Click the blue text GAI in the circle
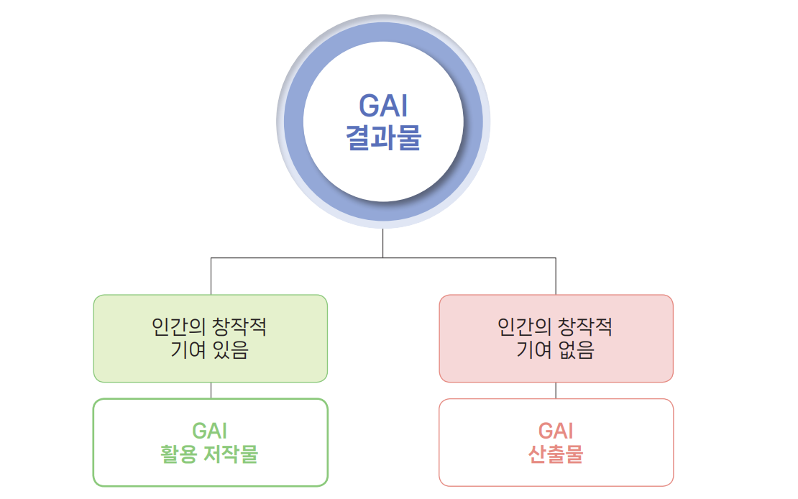(383, 106)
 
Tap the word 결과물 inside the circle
(383, 137)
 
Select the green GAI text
(210, 431)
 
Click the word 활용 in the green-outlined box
(178, 454)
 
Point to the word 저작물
(231, 454)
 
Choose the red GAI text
(556, 431)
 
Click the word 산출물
(556, 454)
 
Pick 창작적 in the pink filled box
(584, 326)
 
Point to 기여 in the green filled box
(188, 350)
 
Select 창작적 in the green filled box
(239, 326)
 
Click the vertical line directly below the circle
(382, 244)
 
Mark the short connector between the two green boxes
(211, 390)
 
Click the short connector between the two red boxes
(556, 390)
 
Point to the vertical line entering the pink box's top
(556, 277)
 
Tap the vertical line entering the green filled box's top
(211, 277)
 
